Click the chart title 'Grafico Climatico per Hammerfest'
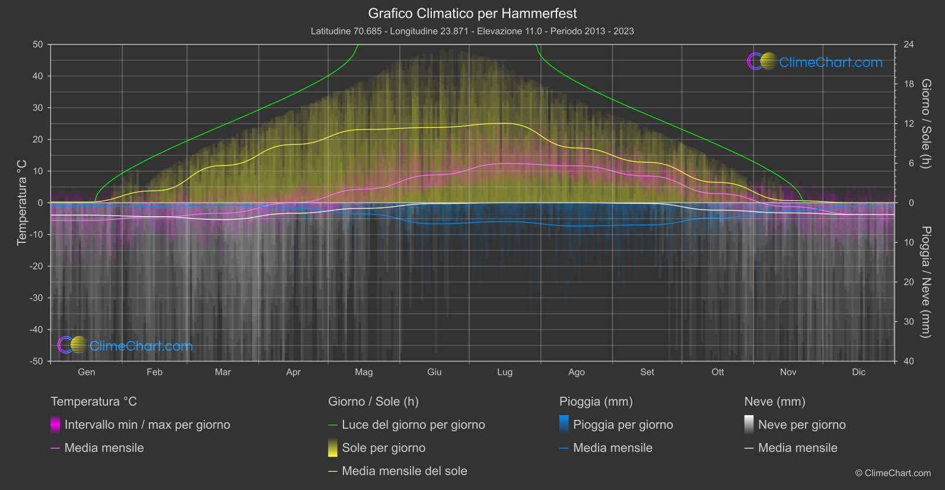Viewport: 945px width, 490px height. [x=472, y=13]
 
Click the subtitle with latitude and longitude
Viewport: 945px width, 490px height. [x=472, y=31]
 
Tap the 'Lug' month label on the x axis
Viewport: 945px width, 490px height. [x=505, y=372]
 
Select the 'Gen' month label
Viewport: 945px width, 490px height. [x=87, y=372]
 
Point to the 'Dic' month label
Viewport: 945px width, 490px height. [x=858, y=372]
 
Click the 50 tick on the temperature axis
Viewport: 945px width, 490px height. [x=38, y=45]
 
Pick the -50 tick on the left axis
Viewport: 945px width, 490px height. [x=36, y=361]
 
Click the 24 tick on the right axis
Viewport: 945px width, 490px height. [x=908, y=45]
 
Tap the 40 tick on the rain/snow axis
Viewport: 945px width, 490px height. [x=908, y=361]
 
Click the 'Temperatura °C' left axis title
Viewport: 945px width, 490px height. [x=22, y=203]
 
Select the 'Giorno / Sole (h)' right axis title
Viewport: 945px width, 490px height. [x=925, y=124]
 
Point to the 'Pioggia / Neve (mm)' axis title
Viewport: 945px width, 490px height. [x=925, y=282]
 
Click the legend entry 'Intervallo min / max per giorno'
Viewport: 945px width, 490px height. [x=147, y=425]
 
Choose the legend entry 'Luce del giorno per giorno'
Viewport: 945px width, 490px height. [x=413, y=425]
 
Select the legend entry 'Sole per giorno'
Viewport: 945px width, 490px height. [x=383, y=448]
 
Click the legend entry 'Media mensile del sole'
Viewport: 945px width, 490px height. [x=404, y=471]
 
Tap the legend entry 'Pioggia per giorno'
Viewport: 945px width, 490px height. [x=623, y=425]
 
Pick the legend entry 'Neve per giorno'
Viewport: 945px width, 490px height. [x=801, y=425]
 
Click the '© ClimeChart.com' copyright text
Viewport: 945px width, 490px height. [x=893, y=473]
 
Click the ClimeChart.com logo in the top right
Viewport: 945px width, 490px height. [x=815, y=62]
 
